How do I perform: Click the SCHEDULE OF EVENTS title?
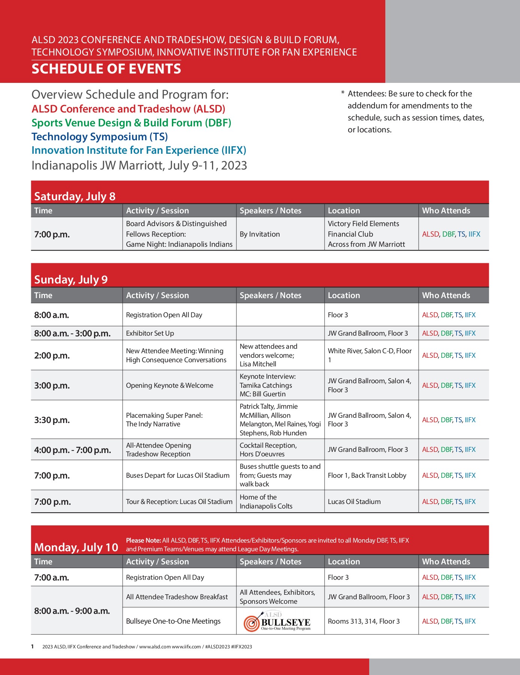(x=106, y=69)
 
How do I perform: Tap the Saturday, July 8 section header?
(x=75, y=196)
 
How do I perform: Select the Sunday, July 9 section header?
(x=71, y=280)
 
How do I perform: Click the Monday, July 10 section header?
(x=76, y=547)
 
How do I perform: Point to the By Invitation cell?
(x=260, y=234)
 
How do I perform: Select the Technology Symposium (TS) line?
(x=99, y=136)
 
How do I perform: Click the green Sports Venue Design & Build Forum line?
(x=131, y=123)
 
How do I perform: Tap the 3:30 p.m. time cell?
(x=52, y=420)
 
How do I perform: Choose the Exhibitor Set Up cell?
(x=150, y=333)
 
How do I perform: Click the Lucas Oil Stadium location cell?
(x=354, y=502)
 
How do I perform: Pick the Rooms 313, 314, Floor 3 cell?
(x=364, y=621)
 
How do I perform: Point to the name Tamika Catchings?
(x=266, y=385)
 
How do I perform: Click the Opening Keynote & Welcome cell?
(x=170, y=385)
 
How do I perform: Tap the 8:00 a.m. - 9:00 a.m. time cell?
(x=72, y=611)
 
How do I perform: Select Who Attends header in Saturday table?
(x=446, y=211)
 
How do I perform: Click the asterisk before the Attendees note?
(x=343, y=93)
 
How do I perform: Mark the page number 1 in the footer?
(x=33, y=646)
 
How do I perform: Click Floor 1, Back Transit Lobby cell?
(x=367, y=475)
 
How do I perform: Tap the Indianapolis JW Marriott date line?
(x=139, y=165)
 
